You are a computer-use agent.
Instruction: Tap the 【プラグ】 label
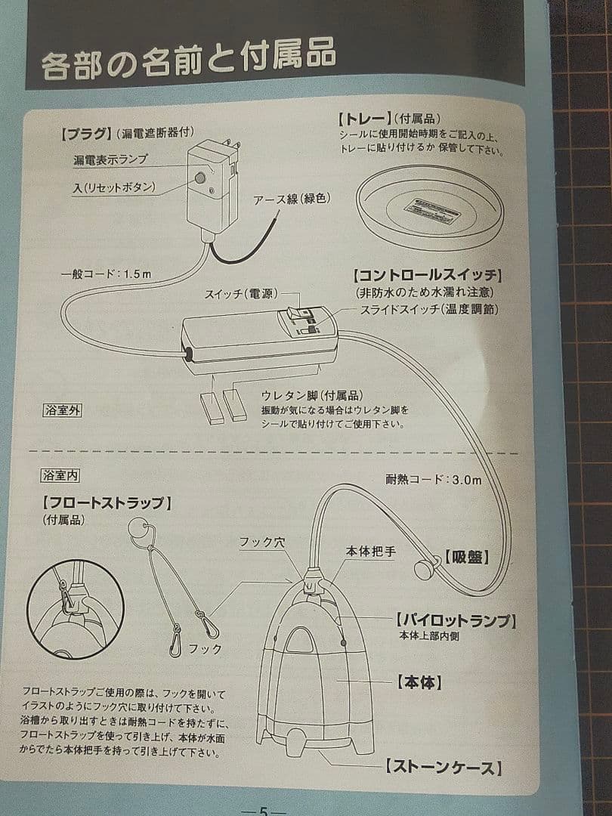(x=82, y=134)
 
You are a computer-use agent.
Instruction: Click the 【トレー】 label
(x=365, y=119)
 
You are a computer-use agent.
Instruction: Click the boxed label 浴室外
(x=61, y=411)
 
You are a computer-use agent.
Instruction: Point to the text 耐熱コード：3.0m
(x=433, y=479)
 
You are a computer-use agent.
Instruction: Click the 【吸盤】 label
(x=466, y=558)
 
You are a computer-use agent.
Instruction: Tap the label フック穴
(x=261, y=542)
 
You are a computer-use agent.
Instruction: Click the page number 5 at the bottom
(x=263, y=810)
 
